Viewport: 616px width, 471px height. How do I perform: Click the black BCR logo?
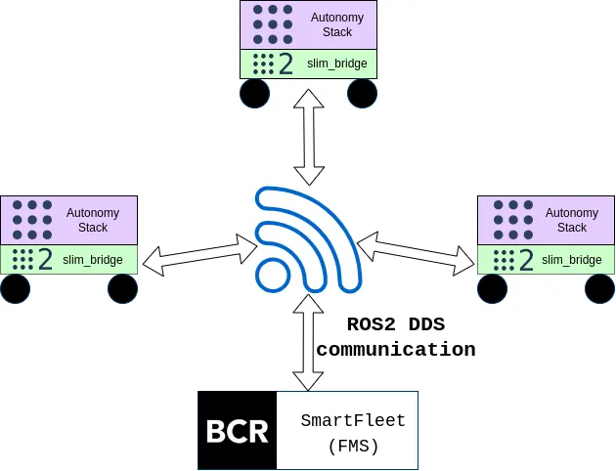(238, 431)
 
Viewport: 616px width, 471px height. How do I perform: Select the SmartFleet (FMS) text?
(353, 432)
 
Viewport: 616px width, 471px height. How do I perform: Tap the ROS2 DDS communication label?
(396, 337)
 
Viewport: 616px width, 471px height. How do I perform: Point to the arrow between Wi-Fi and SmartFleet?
(309, 342)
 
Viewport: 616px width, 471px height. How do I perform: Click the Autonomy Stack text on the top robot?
(337, 24)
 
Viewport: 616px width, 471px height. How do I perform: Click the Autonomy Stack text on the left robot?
(93, 220)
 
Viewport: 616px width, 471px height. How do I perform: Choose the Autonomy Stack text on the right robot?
(572, 220)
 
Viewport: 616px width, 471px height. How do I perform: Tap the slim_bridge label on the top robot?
(337, 64)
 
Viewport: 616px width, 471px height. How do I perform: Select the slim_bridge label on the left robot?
(93, 260)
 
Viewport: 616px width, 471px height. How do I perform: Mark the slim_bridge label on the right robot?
(572, 260)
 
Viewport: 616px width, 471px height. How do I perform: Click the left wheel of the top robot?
(255, 93)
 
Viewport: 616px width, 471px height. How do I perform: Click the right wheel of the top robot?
(362, 93)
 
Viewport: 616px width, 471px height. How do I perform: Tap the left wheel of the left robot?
(16, 288)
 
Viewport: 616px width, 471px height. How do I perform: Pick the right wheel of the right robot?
(599, 288)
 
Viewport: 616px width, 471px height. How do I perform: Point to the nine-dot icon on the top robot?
(272, 24)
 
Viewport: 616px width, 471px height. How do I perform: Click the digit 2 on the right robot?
(526, 260)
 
